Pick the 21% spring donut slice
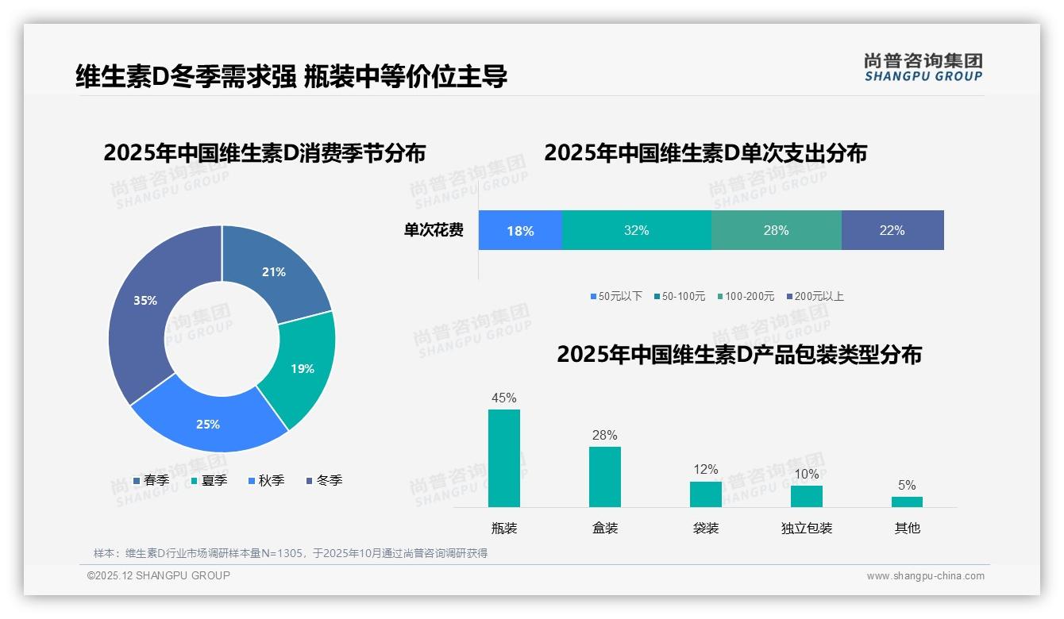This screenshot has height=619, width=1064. pyautogui.click(x=274, y=271)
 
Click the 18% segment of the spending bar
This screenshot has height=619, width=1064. pyautogui.click(x=520, y=231)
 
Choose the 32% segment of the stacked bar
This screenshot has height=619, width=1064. pyautogui.click(x=636, y=231)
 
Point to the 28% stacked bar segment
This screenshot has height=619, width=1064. pyautogui.click(x=776, y=231)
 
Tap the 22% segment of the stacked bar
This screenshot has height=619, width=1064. pyautogui.click(x=892, y=231)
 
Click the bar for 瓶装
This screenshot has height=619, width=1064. pyautogui.click(x=504, y=458)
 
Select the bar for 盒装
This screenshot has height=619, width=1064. pyautogui.click(x=605, y=476)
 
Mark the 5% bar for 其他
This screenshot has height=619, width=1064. pyautogui.click(x=907, y=502)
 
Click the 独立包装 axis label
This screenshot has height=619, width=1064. pyautogui.click(x=807, y=528)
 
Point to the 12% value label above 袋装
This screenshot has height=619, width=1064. pyautogui.click(x=706, y=470)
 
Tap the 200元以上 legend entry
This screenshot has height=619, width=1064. pyautogui.click(x=815, y=296)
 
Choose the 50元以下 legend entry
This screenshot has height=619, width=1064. pyautogui.click(x=615, y=296)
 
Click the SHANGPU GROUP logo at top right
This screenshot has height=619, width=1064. pyautogui.click(x=923, y=67)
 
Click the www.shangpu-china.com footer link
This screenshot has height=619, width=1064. pyautogui.click(x=925, y=576)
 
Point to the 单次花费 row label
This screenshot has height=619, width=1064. pyautogui.click(x=434, y=231)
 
